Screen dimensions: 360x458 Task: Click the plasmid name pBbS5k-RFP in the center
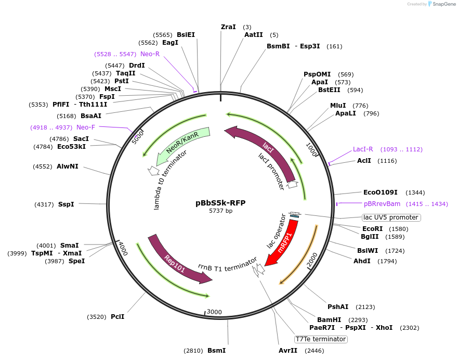(220, 203)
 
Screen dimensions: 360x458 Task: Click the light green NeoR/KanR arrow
(182, 145)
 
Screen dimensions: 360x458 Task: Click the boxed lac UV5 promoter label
(391, 217)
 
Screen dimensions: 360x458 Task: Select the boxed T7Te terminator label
(320, 339)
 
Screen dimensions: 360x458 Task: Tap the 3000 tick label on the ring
(214, 312)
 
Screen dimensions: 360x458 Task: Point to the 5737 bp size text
(220, 211)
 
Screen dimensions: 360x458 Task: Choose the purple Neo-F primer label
(86, 127)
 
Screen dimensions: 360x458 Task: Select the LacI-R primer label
(363, 149)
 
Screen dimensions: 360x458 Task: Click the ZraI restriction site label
(228, 27)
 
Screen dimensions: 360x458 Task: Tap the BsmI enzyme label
(216, 351)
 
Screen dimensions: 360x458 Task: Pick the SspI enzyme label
(66, 204)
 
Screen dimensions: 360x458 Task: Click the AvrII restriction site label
(288, 351)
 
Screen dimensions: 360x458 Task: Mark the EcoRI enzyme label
(372, 228)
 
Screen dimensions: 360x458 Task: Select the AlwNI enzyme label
(68, 167)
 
